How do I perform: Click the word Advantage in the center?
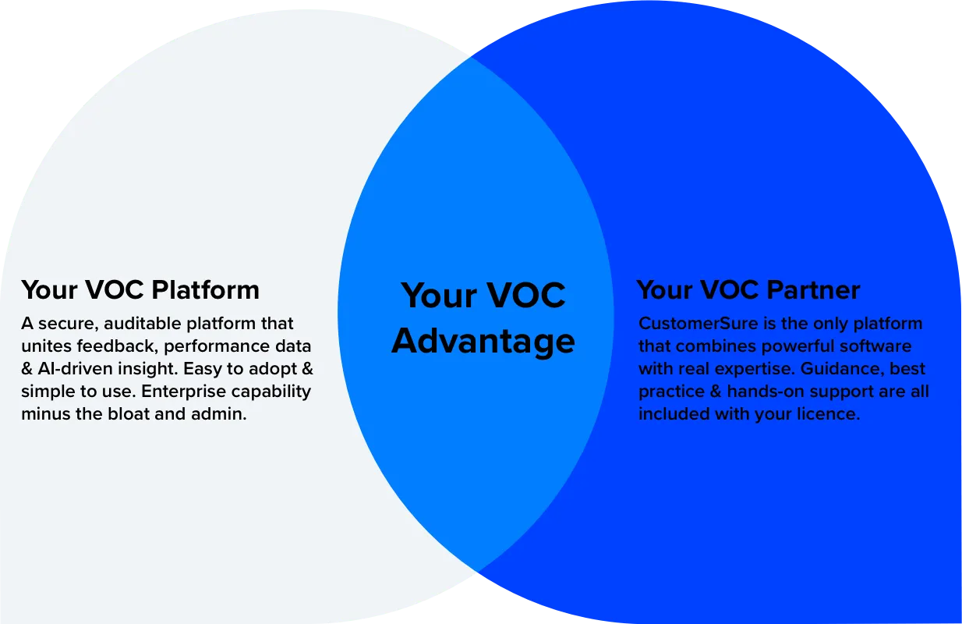483,342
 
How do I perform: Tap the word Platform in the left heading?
206,290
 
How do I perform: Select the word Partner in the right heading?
814,290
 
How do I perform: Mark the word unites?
43,346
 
